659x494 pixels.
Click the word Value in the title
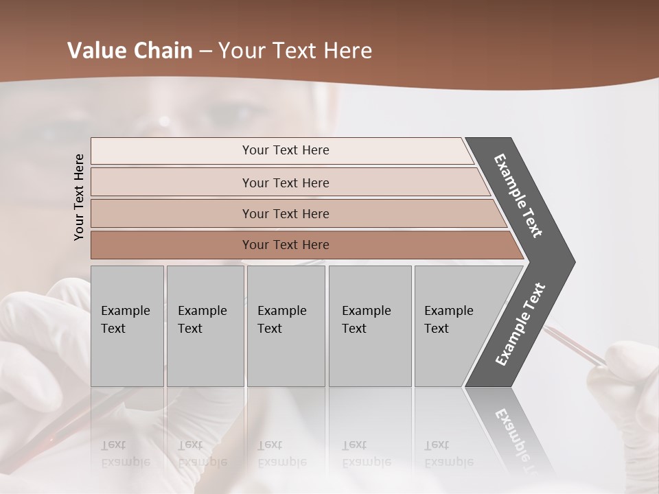96,51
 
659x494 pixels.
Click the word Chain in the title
163,51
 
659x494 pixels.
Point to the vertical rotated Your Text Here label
79,197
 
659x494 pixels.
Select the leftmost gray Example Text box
127,326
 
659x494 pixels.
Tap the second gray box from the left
205,326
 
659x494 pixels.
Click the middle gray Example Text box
286,326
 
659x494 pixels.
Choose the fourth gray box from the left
370,326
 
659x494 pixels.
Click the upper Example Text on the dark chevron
518,196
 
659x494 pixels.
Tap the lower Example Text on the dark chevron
520,325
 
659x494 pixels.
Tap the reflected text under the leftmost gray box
125,453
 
